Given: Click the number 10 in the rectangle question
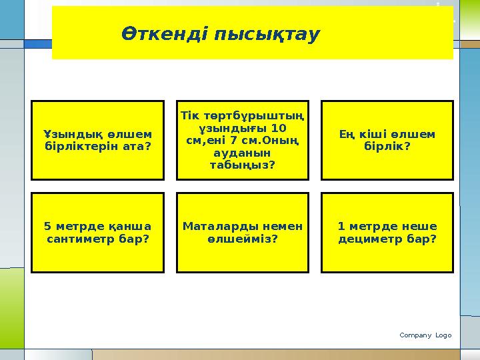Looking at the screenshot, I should pyautogui.click(x=279, y=128).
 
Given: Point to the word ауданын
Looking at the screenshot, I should pyautogui.click(x=243, y=153).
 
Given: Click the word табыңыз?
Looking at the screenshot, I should pyautogui.click(x=243, y=165).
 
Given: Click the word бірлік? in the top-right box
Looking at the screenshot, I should pyautogui.click(x=387, y=146).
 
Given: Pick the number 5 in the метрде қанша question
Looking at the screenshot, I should pyautogui.click(x=47, y=226).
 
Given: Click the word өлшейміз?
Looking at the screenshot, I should pyautogui.click(x=243, y=238).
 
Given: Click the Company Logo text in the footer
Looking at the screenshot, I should pyautogui.click(x=425, y=335).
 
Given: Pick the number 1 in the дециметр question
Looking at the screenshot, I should pyautogui.click(x=341, y=226).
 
